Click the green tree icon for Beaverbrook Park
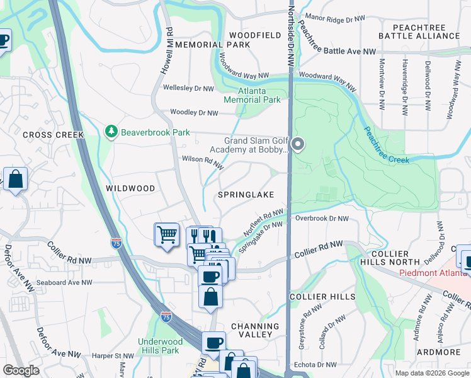coord(111,131)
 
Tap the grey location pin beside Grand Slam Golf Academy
coord(298,145)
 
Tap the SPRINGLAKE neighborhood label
coord(246,195)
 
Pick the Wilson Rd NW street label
coord(203,163)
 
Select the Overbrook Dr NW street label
coord(322,219)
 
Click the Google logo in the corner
coord(21,370)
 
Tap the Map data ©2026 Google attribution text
coord(431,373)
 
